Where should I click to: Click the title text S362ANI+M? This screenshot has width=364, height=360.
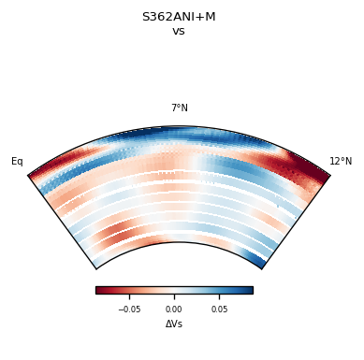[179, 17]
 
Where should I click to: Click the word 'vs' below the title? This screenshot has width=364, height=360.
[179, 31]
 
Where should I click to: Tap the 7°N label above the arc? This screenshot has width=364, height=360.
[179, 108]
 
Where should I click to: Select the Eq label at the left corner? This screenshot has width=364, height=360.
[17, 162]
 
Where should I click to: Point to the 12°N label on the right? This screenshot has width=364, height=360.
[341, 162]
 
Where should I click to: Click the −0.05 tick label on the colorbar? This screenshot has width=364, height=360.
[129, 309]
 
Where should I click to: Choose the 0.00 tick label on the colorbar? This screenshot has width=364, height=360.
[174, 309]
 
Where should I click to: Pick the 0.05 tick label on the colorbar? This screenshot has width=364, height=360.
[219, 309]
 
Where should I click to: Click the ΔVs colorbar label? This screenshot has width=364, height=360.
[174, 324]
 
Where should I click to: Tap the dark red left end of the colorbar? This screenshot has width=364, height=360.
[99, 290]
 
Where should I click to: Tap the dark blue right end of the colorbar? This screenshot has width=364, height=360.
[249, 290]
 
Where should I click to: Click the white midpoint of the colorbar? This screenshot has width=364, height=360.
[174, 290]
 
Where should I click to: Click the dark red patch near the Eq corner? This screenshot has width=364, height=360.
[51, 168]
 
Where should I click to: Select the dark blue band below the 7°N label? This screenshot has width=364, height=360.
[178, 137]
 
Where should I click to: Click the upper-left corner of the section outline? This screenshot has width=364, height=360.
[28, 175]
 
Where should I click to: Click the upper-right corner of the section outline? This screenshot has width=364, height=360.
[330, 175]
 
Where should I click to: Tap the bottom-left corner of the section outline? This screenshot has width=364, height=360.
[95, 268]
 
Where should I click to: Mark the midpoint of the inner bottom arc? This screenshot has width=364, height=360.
[179, 243]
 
